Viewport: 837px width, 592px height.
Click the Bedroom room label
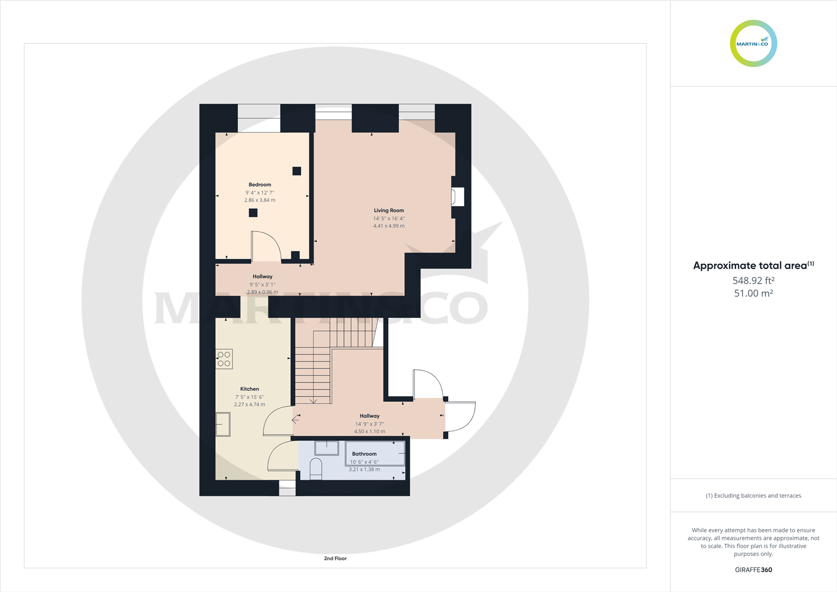click(260, 185)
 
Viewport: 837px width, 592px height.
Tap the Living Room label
click(389, 210)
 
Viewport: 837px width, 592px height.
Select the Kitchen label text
click(249, 389)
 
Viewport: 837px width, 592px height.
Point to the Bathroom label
click(364, 454)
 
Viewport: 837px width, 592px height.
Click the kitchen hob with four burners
click(224, 359)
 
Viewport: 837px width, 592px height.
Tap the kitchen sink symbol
click(223, 424)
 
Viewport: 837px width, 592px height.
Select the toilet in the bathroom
click(316, 469)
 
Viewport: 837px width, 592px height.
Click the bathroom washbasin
click(326, 448)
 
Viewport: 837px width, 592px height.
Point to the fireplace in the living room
click(457, 197)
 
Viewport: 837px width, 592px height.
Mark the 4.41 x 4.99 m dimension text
click(389, 226)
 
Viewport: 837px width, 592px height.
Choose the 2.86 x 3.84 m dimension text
click(260, 201)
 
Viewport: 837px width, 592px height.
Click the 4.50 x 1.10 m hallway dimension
click(369, 431)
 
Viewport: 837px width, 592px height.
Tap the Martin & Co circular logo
click(753, 44)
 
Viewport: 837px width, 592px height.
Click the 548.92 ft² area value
click(753, 281)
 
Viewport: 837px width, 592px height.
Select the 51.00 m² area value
click(753, 293)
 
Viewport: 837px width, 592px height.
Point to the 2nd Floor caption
click(335, 559)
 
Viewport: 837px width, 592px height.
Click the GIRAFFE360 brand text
click(753, 570)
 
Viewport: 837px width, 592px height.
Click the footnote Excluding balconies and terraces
click(753, 496)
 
